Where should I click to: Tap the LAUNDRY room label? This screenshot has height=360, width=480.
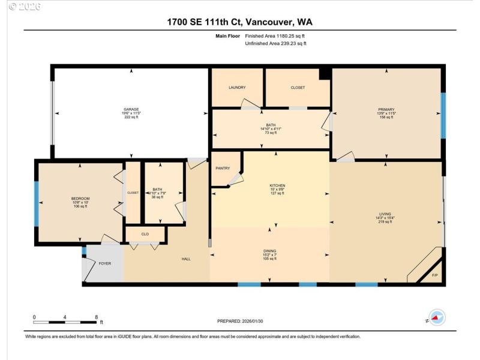[237, 88]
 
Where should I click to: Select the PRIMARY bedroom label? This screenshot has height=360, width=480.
[386, 109]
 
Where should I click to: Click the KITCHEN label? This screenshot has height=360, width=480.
[277, 185]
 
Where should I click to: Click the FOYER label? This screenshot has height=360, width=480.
[105, 263]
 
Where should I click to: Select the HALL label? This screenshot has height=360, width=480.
[186, 259]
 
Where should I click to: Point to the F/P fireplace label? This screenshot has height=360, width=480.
[435, 275]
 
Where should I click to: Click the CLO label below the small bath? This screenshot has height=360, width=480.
[145, 234]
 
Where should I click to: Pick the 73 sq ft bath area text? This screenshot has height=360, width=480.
[271, 134]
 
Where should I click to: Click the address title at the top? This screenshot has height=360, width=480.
[240, 22]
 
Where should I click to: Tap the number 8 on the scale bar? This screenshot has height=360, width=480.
[97, 317]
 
